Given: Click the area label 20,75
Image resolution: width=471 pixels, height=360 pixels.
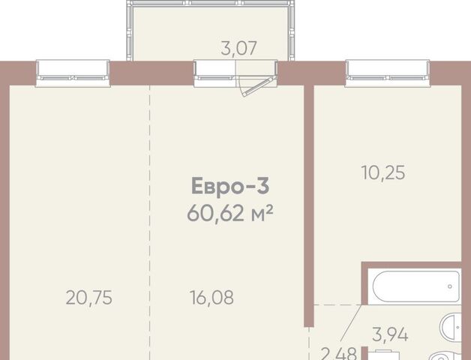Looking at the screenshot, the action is (x=89, y=298).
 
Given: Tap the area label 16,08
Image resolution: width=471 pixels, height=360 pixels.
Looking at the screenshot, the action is (x=211, y=298).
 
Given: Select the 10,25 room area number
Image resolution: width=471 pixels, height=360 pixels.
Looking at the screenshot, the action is (x=383, y=172).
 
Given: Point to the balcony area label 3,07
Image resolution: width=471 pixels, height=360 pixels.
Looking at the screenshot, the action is (x=238, y=49).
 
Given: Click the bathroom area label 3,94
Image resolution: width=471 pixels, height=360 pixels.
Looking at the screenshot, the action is (x=390, y=334).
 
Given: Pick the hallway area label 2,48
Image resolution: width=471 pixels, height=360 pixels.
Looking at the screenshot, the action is (x=338, y=354).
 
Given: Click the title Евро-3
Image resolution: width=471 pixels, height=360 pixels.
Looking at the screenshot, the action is (x=230, y=186).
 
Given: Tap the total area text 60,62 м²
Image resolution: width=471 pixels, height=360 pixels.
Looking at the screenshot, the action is (x=230, y=213).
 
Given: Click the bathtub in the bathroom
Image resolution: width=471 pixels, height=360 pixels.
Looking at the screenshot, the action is (x=416, y=286).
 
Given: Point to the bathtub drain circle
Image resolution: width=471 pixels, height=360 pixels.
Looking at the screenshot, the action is (x=450, y=286).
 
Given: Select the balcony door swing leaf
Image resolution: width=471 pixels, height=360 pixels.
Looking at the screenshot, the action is (x=259, y=87).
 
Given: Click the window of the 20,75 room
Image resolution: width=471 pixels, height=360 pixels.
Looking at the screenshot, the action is (x=73, y=73).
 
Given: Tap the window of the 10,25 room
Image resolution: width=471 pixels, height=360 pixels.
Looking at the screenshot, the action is (x=388, y=73).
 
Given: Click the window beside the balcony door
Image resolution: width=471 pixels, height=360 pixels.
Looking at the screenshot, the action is (x=214, y=73).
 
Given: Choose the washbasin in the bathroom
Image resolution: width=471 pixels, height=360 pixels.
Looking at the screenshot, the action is (x=451, y=327).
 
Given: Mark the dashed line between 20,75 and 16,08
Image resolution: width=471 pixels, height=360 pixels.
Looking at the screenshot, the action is (x=149, y=222).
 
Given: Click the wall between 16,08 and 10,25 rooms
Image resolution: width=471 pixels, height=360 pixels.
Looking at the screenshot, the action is (x=309, y=205).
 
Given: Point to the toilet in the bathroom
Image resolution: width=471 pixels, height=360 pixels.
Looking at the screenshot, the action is (x=448, y=356).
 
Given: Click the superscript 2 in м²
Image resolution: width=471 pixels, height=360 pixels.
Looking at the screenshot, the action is (x=269, y=208).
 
